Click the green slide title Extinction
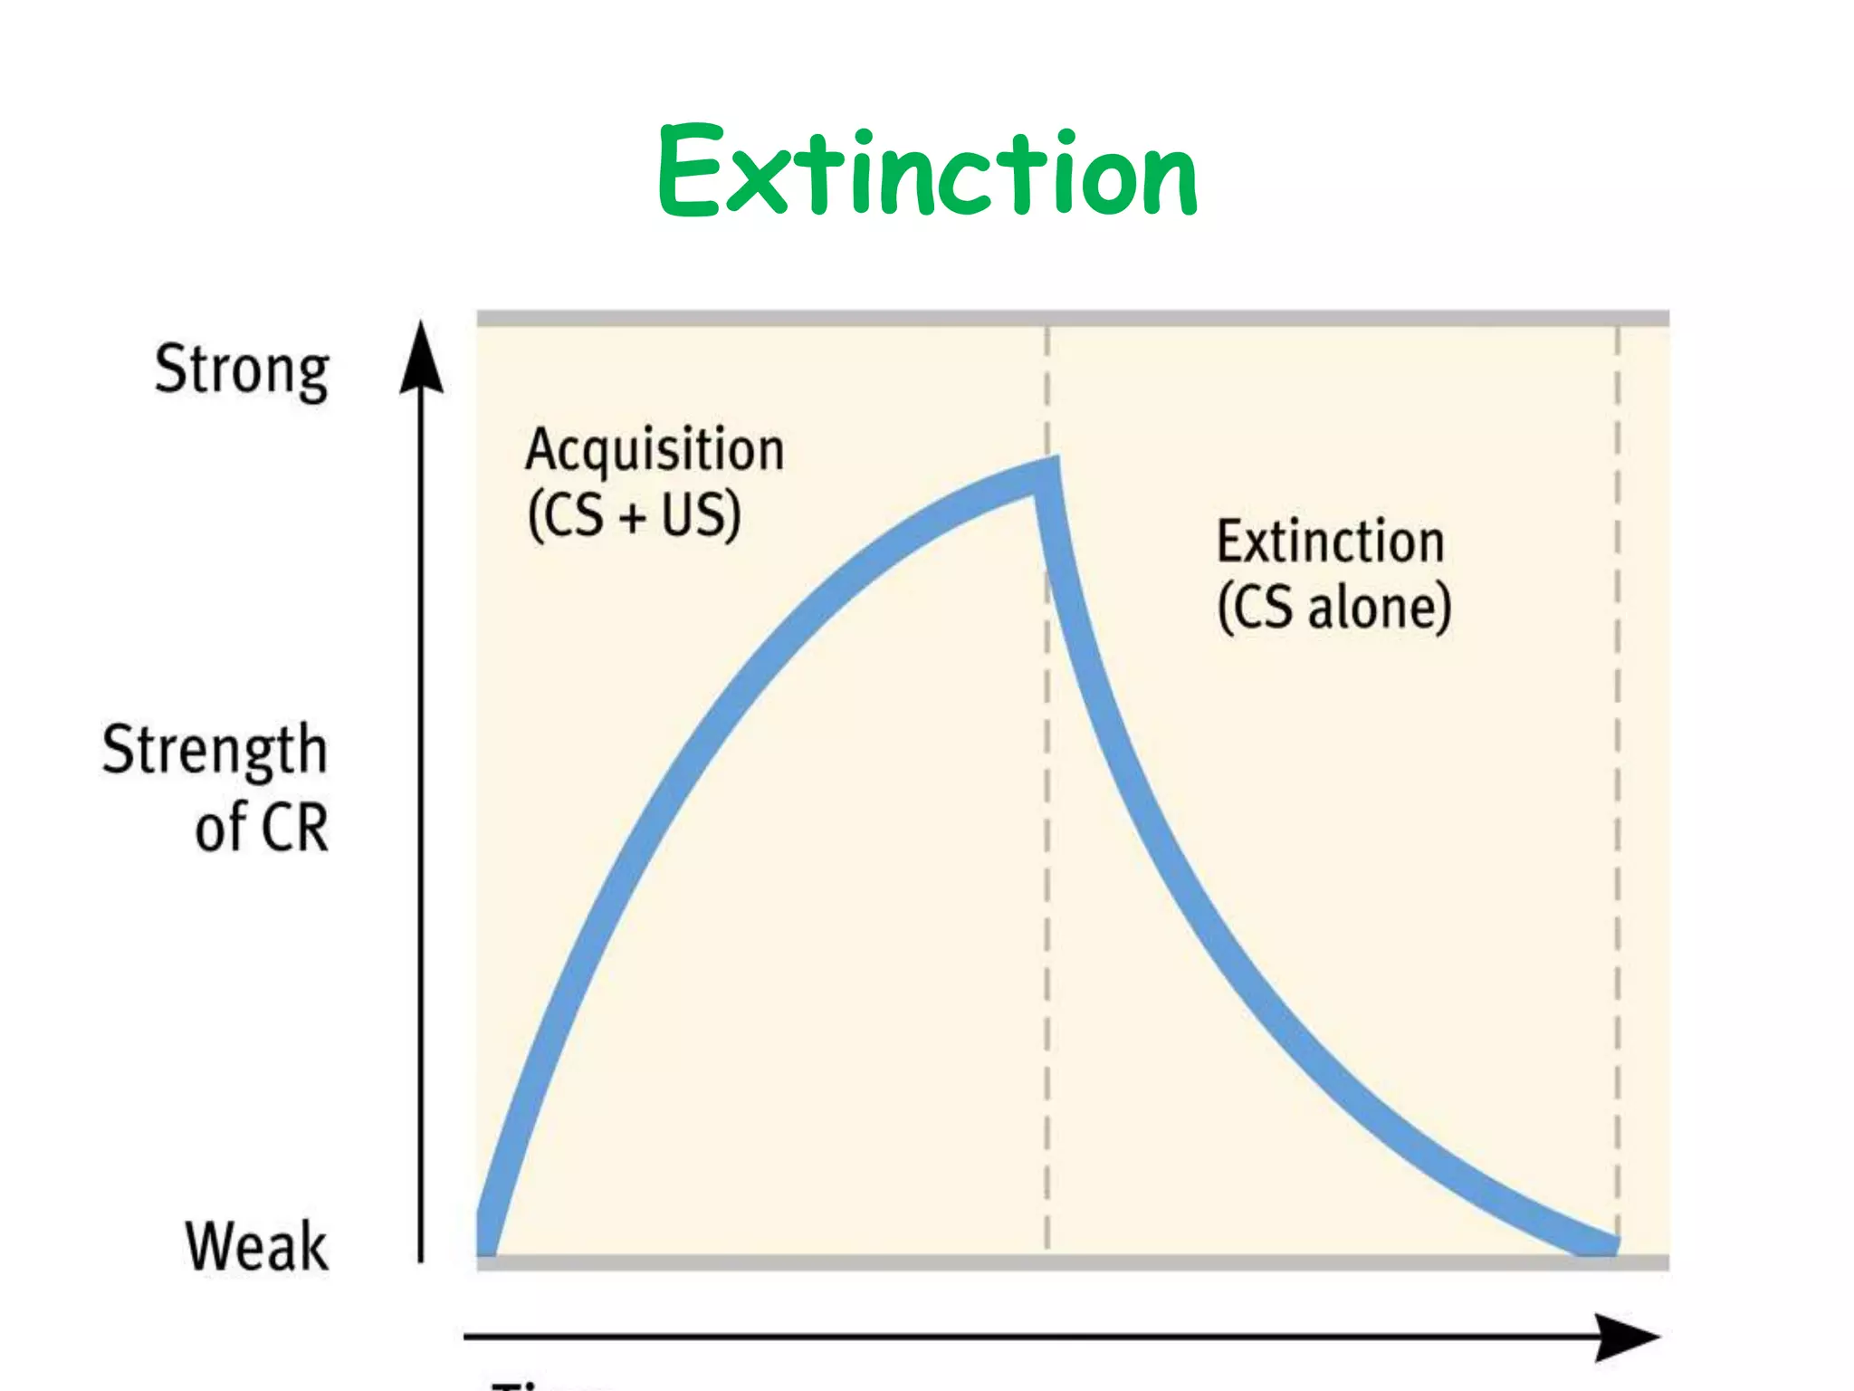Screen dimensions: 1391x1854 click(927, 172)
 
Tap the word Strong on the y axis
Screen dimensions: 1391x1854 click(242, 371)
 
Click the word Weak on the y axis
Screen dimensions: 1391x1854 click(256, 1247)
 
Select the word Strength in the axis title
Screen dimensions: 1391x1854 click(215, 752)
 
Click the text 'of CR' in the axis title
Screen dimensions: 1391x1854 click(262, 827)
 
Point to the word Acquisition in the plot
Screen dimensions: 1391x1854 click(655, 450)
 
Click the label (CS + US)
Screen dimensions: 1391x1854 click(635, 515)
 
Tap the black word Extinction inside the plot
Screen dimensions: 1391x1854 click(1329, 542)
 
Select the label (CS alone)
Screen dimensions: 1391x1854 click(1334, 608)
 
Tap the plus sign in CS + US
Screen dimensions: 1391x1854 click(633, 517)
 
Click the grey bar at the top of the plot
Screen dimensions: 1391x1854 click(1073, 318)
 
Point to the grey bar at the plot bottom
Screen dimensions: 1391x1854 click(1073, 1262)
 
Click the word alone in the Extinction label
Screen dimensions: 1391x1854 click(1380, 608)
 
